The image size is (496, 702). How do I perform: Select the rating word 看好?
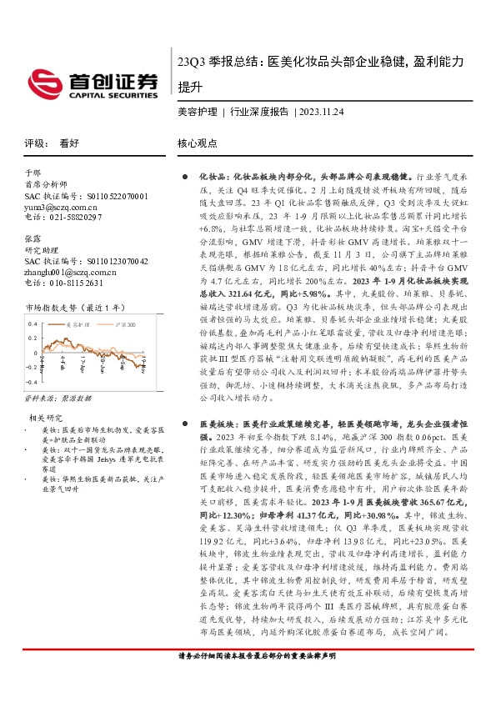click(69, 143)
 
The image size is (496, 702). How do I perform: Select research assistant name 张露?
click(33, 238)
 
